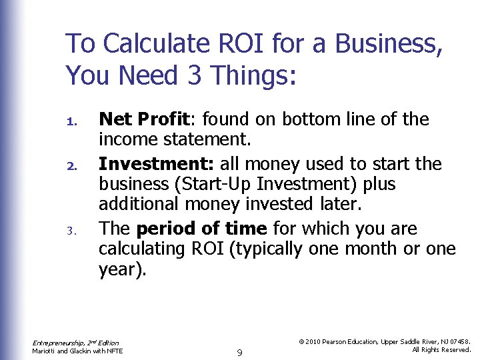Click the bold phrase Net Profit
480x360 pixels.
145,120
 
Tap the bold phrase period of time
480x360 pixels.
201,229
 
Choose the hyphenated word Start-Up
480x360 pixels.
220,184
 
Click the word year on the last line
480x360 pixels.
117,269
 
